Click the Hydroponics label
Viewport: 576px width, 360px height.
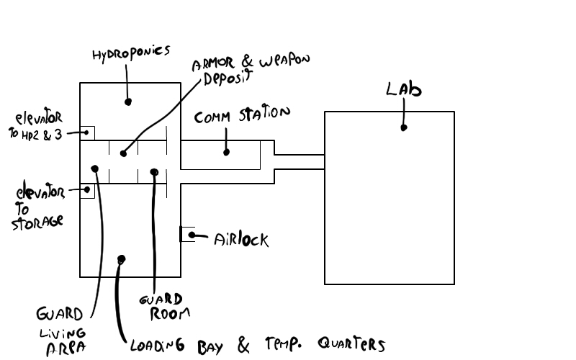pos(132,52)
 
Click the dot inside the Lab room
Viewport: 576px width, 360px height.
pos(404,127)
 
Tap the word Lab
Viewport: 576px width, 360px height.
pos(403,91)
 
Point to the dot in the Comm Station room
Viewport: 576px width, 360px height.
pos(227,152)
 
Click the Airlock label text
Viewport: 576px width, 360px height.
pos(241,239)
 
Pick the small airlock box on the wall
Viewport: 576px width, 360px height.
pos(187,234)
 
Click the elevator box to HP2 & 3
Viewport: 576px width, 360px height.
pos(87,132)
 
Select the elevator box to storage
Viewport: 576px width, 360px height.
pos(87,191)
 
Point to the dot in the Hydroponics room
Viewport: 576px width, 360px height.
pos(128,102)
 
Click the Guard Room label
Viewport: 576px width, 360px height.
pos(166,306)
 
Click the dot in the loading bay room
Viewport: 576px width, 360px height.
pos(122,258)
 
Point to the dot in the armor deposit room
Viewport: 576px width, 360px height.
pos(123,153)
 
